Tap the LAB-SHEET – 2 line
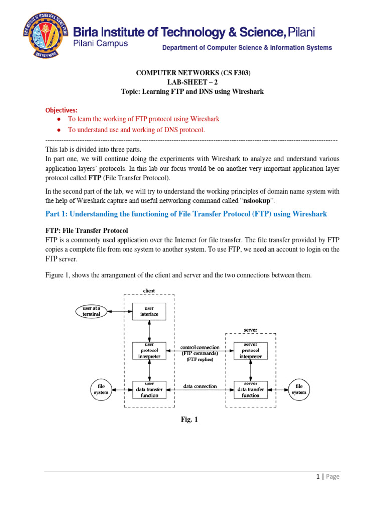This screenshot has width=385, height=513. pyautogui.click(x=193, y=82)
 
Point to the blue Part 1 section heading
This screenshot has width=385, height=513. pyautogui.click(x=186, y=214)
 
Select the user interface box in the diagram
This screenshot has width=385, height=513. pyautogui.click(x=149, y=311)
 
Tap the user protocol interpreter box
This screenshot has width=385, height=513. pyautogui.click(x=149, y=350)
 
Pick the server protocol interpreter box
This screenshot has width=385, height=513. pyautogui.click(x=250, y=350)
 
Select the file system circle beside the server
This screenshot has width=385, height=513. pyautogui.click(x=299, y=389)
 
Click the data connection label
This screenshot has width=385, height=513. pyautogui.click(x=200, y=386)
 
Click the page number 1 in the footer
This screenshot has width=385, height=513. pyautogui.click(x=319, y=477)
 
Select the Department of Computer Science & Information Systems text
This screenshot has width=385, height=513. pyautogui.click(x=247, y=48)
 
